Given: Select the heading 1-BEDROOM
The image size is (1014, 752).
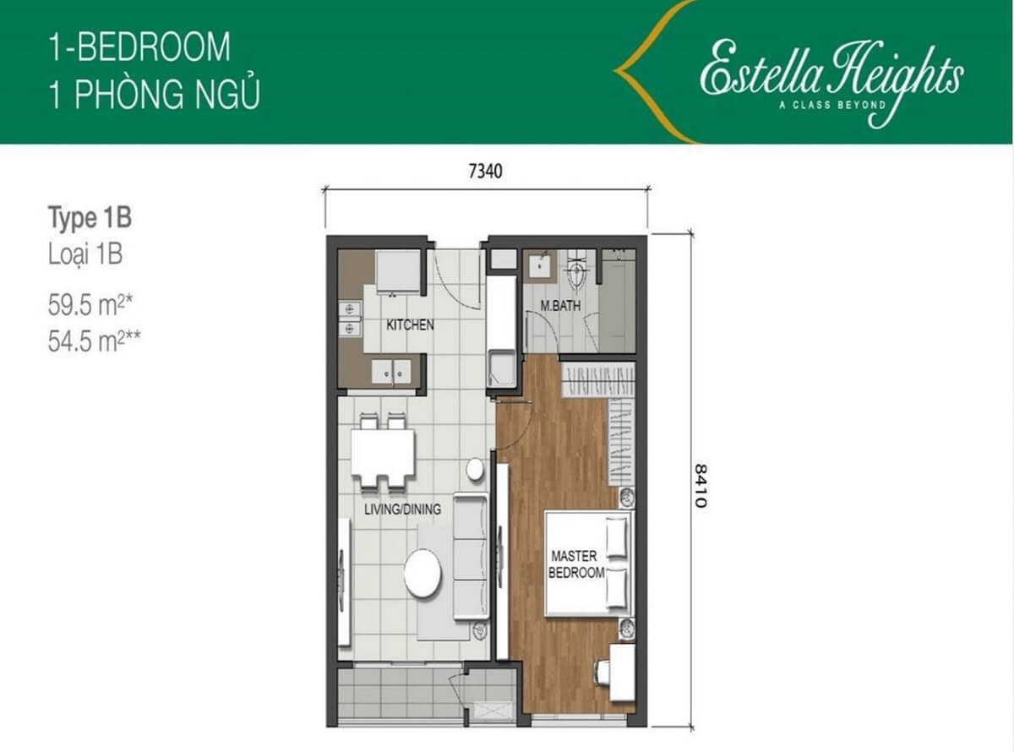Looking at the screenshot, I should point(139,47).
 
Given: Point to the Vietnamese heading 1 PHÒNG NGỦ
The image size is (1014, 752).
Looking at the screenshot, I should point(153,95).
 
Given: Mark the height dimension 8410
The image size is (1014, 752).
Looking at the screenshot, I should point(700,485).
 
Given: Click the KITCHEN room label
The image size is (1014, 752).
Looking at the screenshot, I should point(410,324).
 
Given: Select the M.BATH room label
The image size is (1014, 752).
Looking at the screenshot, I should point(560,307).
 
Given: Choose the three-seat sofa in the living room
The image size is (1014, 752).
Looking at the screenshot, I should point(471,556).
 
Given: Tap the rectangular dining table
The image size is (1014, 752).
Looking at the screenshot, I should point(383,453).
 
